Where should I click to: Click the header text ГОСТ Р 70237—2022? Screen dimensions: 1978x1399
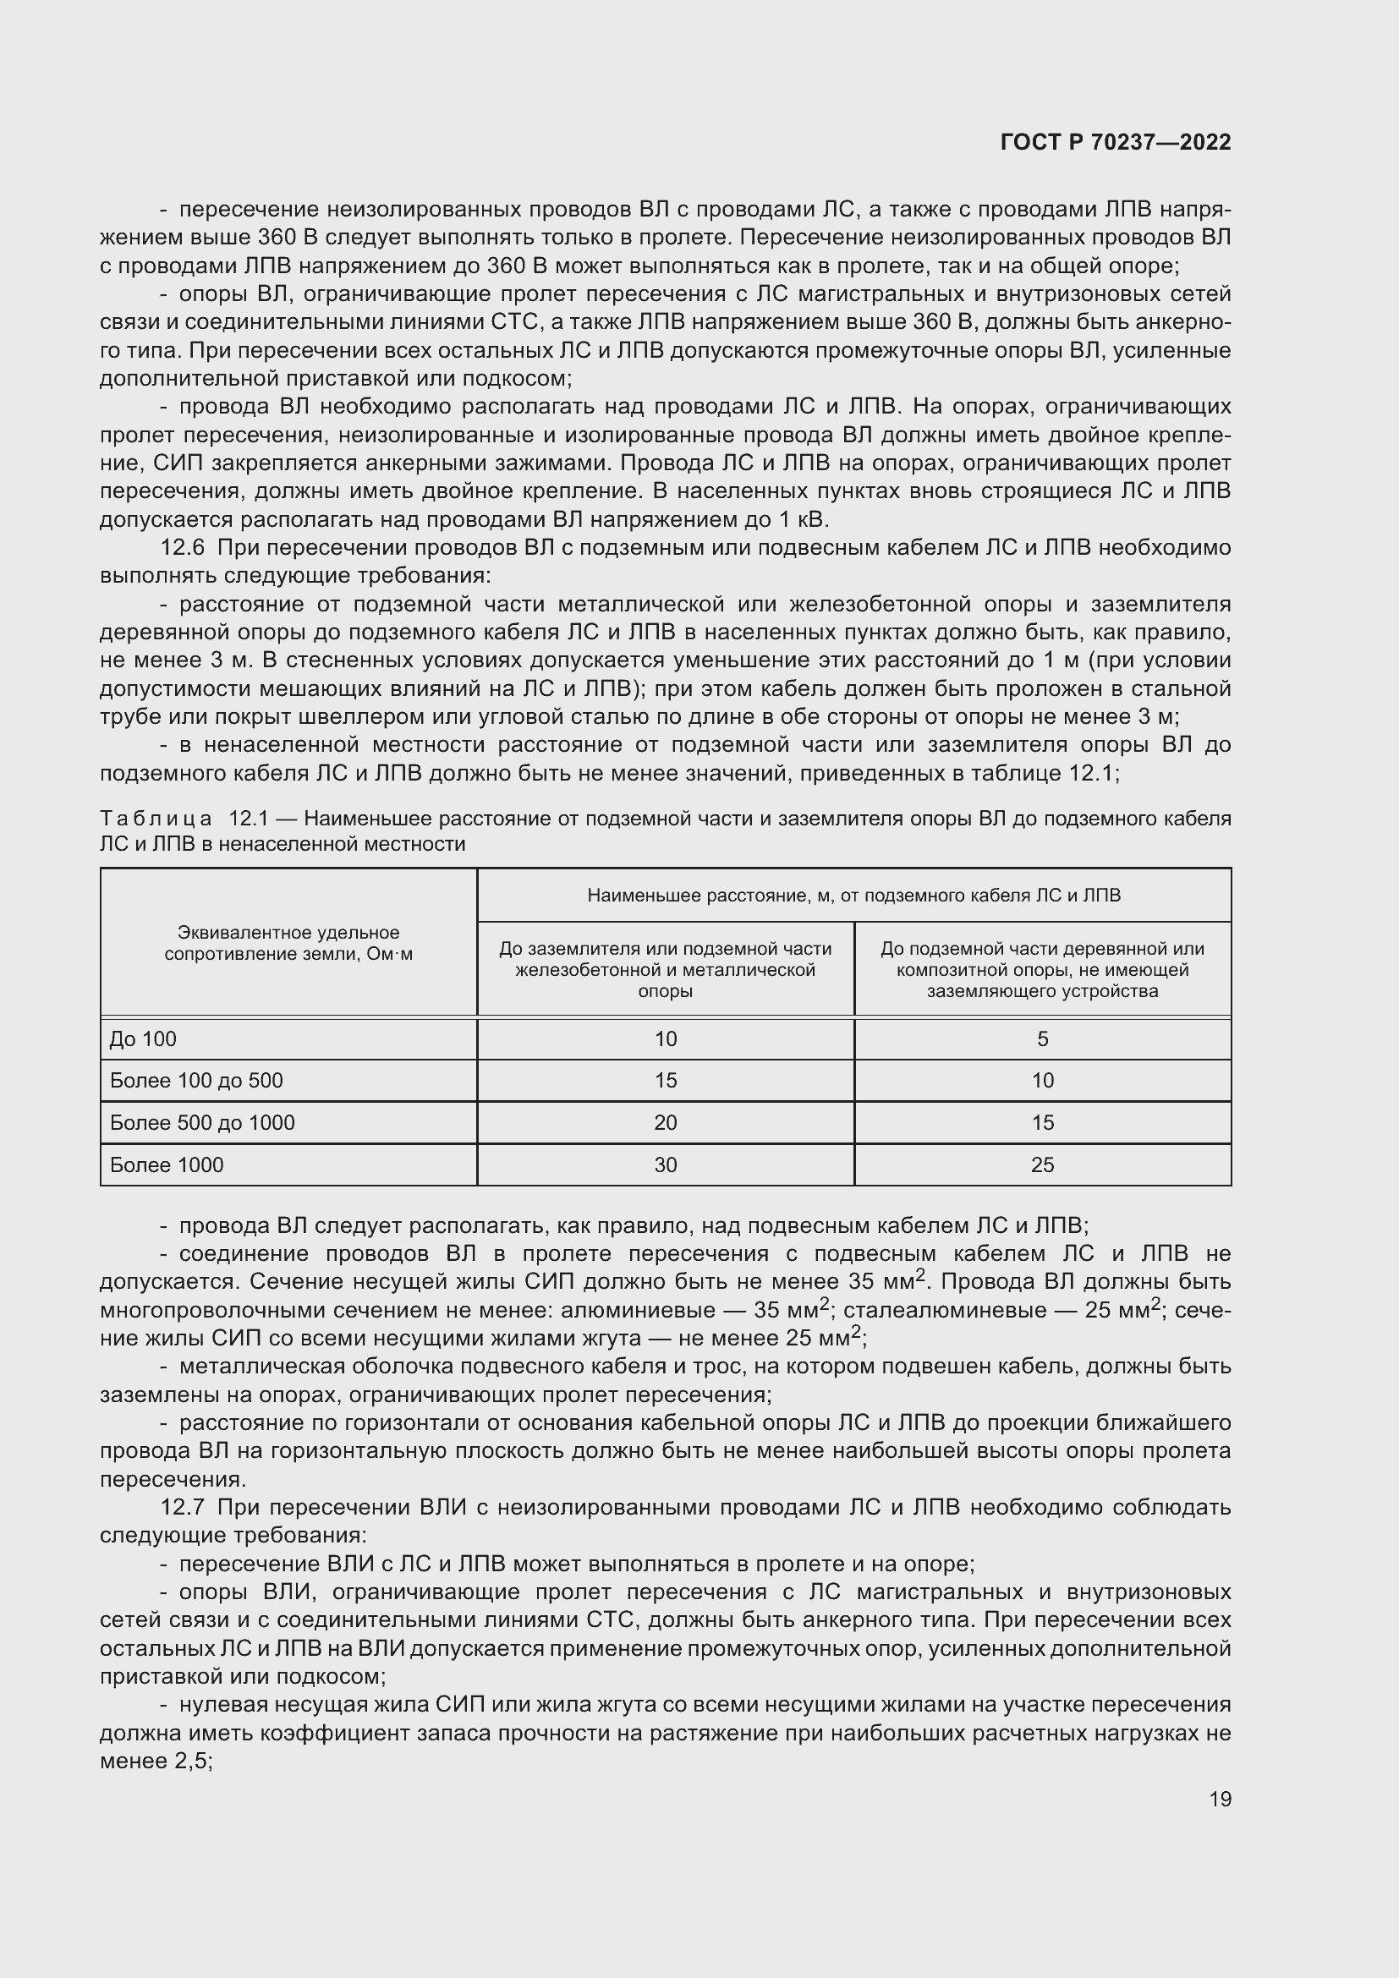click(1116, 143)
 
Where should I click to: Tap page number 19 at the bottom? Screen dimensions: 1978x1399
click(1220, 1799)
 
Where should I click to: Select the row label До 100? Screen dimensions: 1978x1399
click(143, 1039)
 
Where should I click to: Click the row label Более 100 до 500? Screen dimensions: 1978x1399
click(196, 1080)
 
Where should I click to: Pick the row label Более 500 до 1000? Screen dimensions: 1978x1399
click(202, 1122)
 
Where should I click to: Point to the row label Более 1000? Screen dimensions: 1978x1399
click(167, 1164)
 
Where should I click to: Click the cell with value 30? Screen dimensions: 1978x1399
click(665, 1164)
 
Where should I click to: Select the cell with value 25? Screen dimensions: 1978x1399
click(1042, 1164)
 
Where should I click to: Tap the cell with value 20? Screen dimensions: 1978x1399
click(665, 1122)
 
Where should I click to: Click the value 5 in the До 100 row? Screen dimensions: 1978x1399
click(1042, 1039)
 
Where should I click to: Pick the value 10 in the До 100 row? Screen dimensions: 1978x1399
click(665, 1039)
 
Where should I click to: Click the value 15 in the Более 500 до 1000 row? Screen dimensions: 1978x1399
click(1042, 1122)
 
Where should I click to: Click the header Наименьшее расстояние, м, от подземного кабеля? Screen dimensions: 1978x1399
click(853, 895)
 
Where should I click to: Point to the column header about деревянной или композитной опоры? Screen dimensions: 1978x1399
click(1042, 970)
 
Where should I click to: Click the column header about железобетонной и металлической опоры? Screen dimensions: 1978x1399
click(665, 970)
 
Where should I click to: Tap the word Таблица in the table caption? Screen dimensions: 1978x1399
click(156, 818)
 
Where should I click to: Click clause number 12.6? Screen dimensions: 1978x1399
click(182, 548)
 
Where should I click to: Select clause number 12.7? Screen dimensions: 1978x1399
click(182, 1507)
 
